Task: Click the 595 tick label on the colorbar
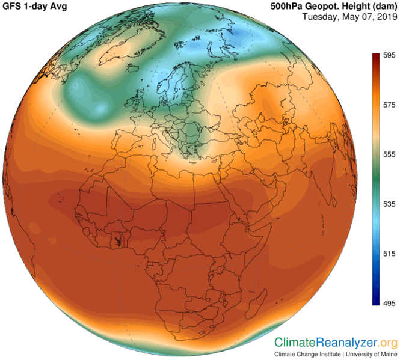pyautogui.click(x=388, y=55)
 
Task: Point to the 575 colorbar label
pyautogui.click(x=388, y=105)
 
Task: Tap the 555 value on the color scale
pyautogui.click(x=388, y=154)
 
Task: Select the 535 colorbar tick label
pyautogui.click(x=388, y=204)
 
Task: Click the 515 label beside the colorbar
pyautogui.click(x=388, y=254)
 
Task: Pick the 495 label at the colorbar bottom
pyautogui.click(x=388, y=303)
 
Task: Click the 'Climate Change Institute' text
pyautogui.click(x=306, y=354)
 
